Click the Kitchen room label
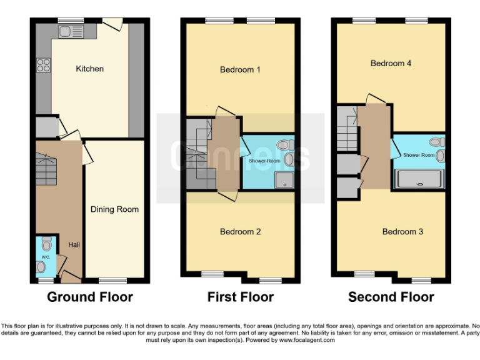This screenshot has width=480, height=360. point(89,69)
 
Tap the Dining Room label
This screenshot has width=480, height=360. point(114,209)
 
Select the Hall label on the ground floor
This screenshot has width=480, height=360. point(74,244)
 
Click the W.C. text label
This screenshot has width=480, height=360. point(45,257)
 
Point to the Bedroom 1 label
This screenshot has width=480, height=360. point(240,69)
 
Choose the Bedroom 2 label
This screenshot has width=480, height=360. point(240,232)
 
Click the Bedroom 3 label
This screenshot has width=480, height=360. point(402,232)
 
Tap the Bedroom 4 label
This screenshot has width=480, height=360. point(391,63)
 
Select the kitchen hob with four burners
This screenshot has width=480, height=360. point(43,64)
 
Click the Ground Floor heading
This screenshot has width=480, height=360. point(90,297)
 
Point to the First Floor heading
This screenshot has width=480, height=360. point(241,297)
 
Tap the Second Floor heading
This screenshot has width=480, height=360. point(391,297)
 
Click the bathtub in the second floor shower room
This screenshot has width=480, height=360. point(419,179)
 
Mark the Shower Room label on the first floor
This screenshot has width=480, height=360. point(264,161)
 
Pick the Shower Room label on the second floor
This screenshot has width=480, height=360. point(418,155)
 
